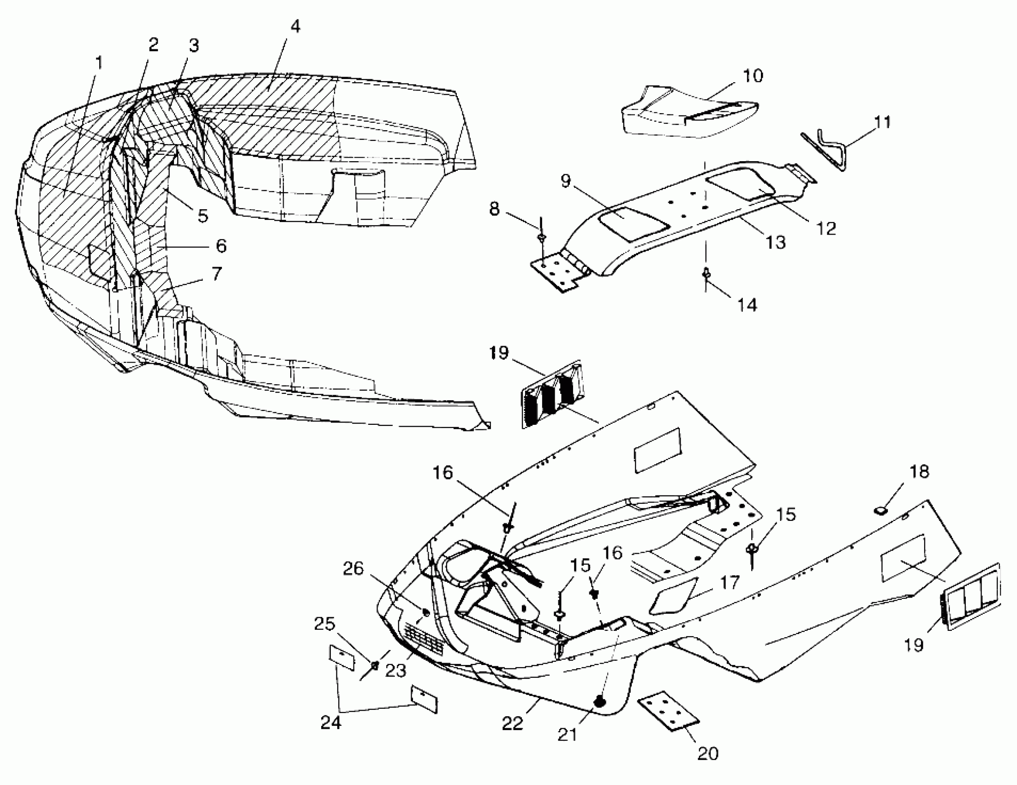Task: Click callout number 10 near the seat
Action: coord(753,75)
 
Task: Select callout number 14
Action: coord(748,305)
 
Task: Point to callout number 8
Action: coord(495,209)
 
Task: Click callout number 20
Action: coord(708,753)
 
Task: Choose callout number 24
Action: coord(331,722)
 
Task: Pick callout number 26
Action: coord(353,569)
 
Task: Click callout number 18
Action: coord(919,472)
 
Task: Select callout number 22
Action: coord(513,724)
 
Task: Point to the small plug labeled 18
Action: coord(880,512)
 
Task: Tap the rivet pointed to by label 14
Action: coord(706,273)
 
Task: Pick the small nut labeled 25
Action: coord(375,664)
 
